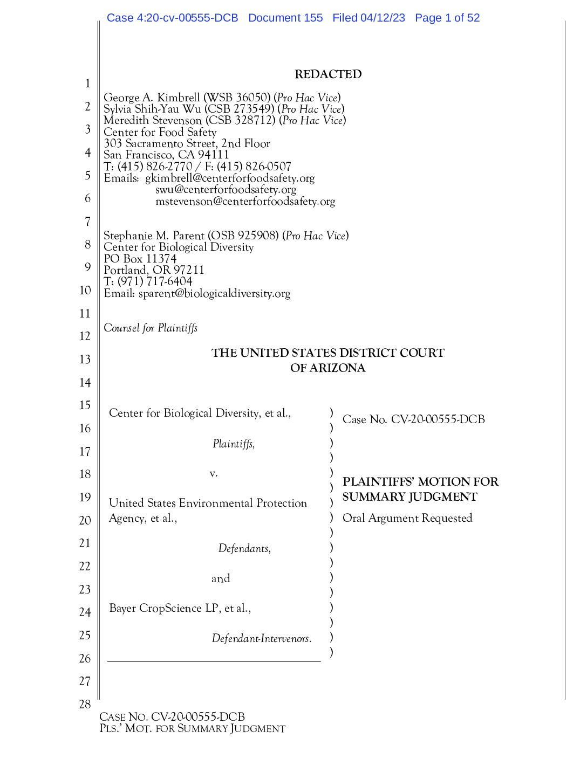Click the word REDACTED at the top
328,74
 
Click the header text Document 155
285,18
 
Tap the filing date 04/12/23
383,18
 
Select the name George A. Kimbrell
152,98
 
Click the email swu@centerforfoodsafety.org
226,190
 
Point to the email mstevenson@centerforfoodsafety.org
245,202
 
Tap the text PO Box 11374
140,259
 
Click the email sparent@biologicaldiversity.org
214,294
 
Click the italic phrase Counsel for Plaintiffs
151,328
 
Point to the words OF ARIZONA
327,368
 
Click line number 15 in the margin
85,405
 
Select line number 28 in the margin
85,704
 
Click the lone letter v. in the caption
214,473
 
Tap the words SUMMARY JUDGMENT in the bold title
409,497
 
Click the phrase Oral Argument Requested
407,518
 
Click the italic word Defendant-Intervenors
261,639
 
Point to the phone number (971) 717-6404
154,281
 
